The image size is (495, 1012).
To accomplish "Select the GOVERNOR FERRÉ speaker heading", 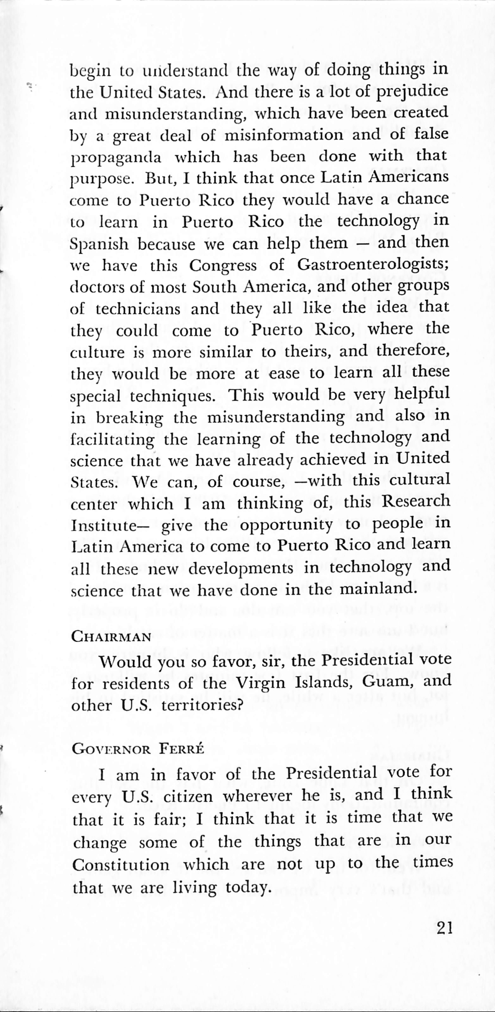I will tap(138, 749).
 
